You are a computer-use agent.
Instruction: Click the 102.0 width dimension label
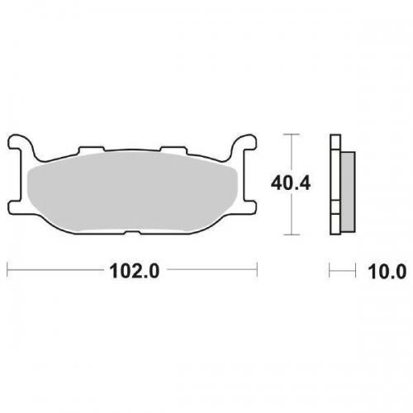click(133, 270)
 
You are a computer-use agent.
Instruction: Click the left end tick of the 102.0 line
click(7, 270)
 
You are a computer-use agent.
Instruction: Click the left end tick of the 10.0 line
click(330, 270)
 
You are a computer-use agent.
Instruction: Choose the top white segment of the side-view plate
click(335, 141)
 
